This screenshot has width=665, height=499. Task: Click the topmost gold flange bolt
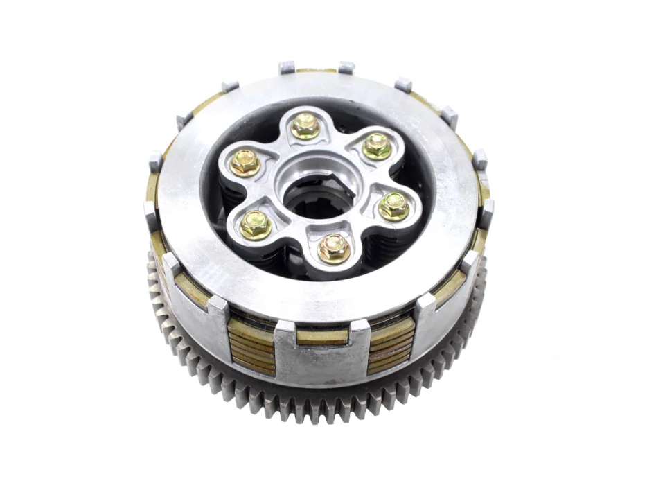(305, 126)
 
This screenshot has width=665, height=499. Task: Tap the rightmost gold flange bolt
(393, 206)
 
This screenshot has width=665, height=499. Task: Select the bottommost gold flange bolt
(334, 248)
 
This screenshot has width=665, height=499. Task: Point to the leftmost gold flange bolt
(245, 163)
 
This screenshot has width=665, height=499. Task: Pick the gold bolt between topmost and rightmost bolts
(377, 146)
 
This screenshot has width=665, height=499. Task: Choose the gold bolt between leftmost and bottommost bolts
(256, 225)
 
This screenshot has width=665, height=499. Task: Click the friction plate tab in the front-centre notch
(322, 336)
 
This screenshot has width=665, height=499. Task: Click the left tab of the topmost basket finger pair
(287, 68)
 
